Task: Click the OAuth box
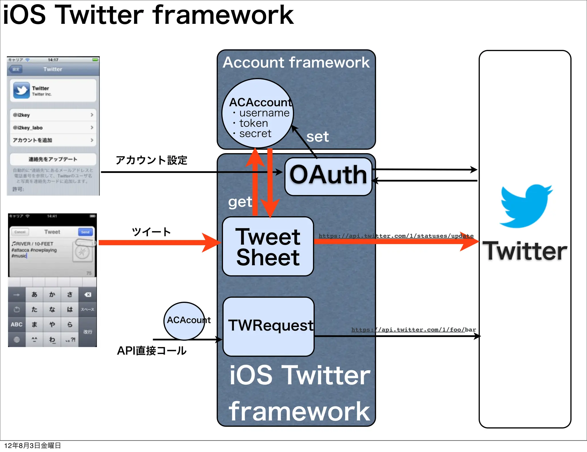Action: [x=328, y=176]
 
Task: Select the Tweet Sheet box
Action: [x=268, y=247]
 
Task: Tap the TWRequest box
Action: [x=268, y=326]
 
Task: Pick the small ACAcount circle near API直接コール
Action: [x=185, y=321]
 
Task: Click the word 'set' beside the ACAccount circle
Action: [x=317, y=137]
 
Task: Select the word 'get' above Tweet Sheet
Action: [x=240, y=202]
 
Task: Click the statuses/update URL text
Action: [x=396, y=236]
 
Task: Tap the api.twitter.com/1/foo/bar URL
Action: [x=413, y=330]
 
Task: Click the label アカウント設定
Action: [x=151, y=160]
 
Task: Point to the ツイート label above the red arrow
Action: [x=151, y=232]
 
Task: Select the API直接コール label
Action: [x=152, y=350]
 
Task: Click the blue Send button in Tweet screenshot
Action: [x=85, y=232]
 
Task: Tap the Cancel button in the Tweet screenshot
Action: [x=20, y=232]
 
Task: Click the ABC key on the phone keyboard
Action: [x=17, y=324]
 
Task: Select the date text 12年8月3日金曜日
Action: [x=32, y=445]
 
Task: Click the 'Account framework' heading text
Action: [x=296, y=63]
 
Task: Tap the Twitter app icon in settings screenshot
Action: [x=21, y=90]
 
